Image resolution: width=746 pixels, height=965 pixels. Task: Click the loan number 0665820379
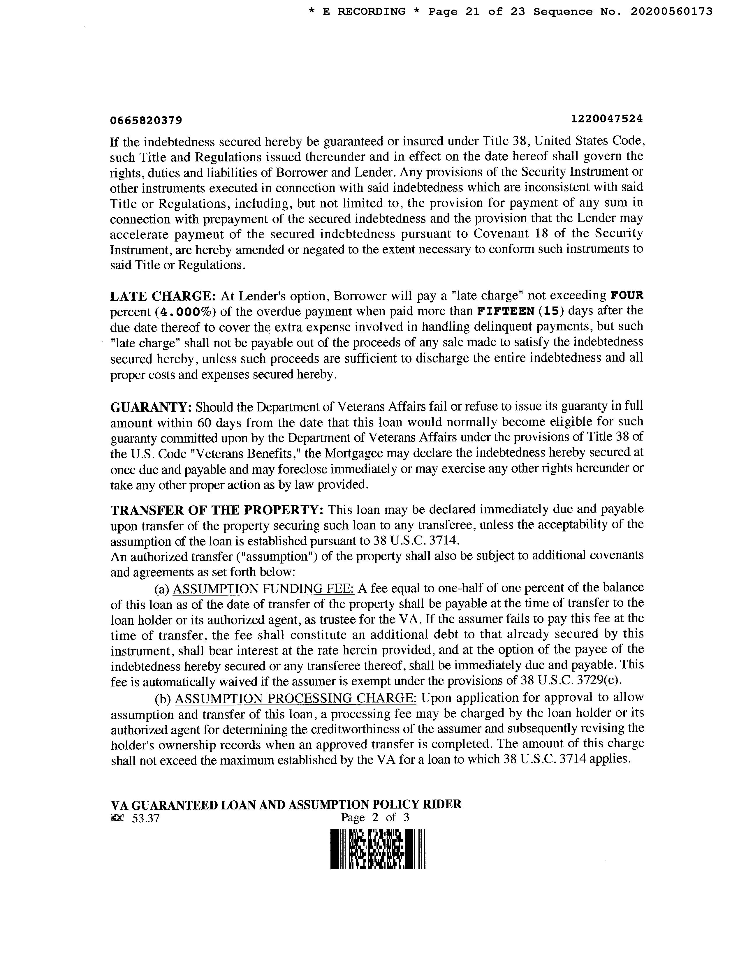click(x=146, y=120)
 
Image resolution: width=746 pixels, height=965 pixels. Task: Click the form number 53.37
click(x=145, y=819)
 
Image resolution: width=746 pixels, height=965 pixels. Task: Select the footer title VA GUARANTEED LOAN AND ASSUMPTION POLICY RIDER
click(x=286, y=804)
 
